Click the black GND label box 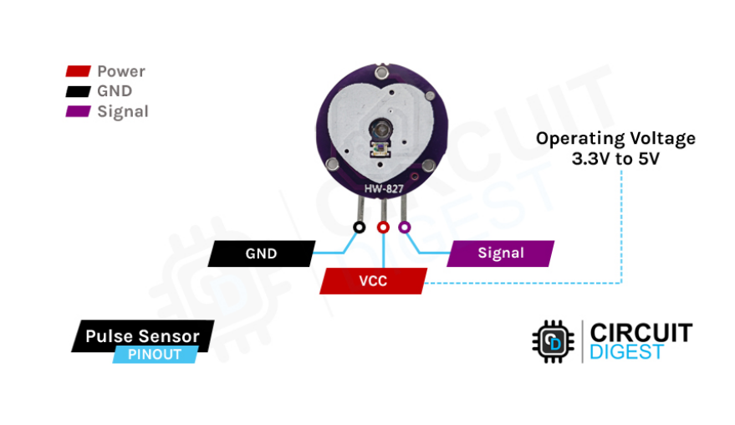(x=261, y=253)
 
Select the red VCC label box (x=373, y=281)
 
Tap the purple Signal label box (x=500, y=253)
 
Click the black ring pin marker (x=359, y=227)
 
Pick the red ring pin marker (x=383, y=227)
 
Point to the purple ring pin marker (x=406, y=227)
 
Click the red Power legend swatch (x=78, y=72)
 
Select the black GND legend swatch (x=78, y=92)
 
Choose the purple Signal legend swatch (x=78, y=112)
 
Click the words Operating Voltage (x=615, y=138)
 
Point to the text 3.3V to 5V (x=615, y=158)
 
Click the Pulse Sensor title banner (x=142, y=336)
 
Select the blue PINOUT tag (x=155, y=355)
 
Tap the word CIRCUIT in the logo (x=641, y=332)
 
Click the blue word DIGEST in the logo (x=627, y=351)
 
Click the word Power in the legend (x=121, y=72)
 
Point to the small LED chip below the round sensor (x=380, y=151)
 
